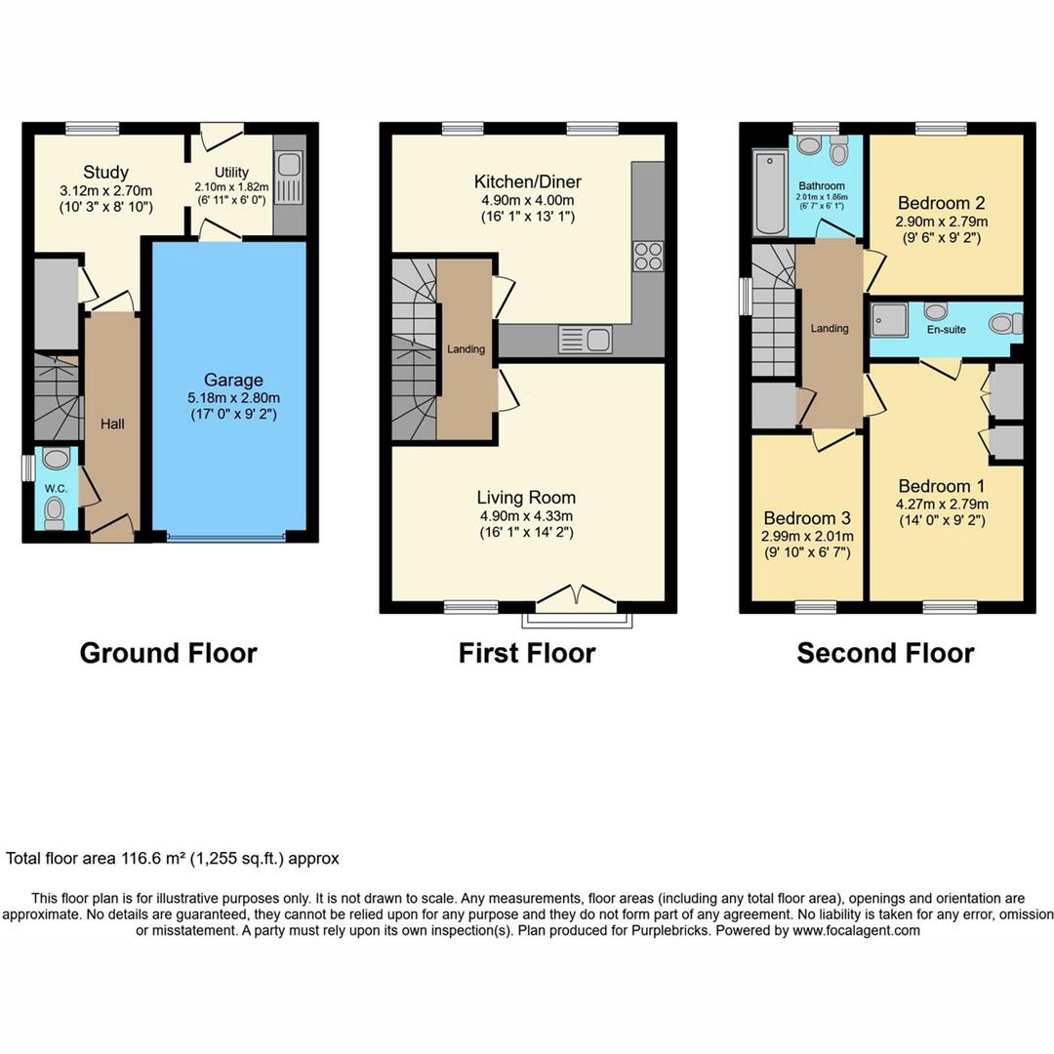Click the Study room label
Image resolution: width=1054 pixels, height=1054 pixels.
105,173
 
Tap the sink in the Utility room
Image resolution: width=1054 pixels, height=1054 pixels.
289,178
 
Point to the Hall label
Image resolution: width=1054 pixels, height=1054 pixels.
112,425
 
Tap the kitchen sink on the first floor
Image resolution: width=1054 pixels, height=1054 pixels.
585,340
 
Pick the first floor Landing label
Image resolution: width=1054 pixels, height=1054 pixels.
466,349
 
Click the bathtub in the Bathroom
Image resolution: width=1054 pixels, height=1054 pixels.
771,192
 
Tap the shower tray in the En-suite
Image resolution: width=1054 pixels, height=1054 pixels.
890,317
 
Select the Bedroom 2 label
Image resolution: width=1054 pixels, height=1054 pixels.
941,204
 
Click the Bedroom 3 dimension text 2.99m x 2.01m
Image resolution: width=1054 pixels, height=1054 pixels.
808,537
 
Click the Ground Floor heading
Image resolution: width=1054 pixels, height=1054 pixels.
168,653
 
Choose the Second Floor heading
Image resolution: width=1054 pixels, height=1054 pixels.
885,653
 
